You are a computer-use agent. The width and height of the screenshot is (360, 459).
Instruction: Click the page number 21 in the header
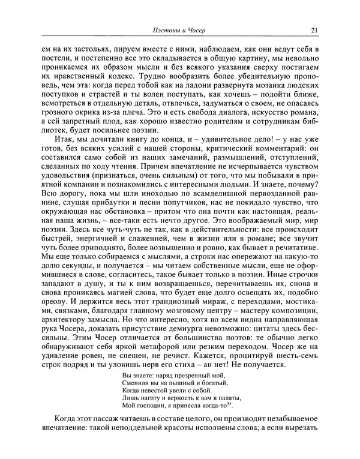tap(314, 31)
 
